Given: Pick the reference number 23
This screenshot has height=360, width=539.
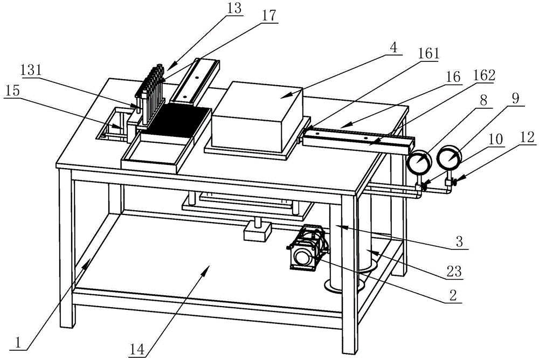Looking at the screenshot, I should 454,272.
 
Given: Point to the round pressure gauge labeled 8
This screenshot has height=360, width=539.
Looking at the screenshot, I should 419,160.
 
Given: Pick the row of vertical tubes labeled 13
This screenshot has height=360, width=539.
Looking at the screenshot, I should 151,86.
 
